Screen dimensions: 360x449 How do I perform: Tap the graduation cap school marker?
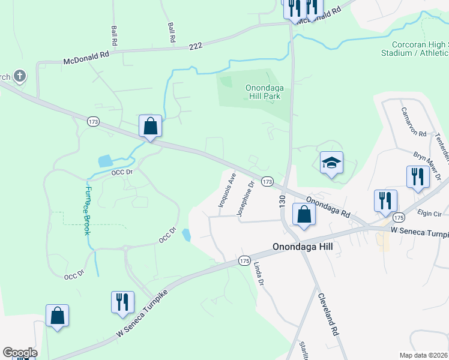coord(331,163)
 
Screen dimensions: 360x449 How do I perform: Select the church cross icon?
coord(20,76)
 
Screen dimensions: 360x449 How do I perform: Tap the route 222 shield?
coord(195,46)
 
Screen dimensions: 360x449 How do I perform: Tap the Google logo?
coord(20,353)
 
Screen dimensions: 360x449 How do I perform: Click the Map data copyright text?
coord(423,355)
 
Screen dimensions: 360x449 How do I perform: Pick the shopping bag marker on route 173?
coord(150,126)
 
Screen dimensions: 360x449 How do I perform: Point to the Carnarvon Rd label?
coord(414,121)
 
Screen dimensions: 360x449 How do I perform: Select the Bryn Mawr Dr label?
coord(427,165)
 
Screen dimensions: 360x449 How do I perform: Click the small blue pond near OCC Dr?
coord(105,161)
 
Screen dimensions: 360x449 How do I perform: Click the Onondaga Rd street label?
coord(328,206)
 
